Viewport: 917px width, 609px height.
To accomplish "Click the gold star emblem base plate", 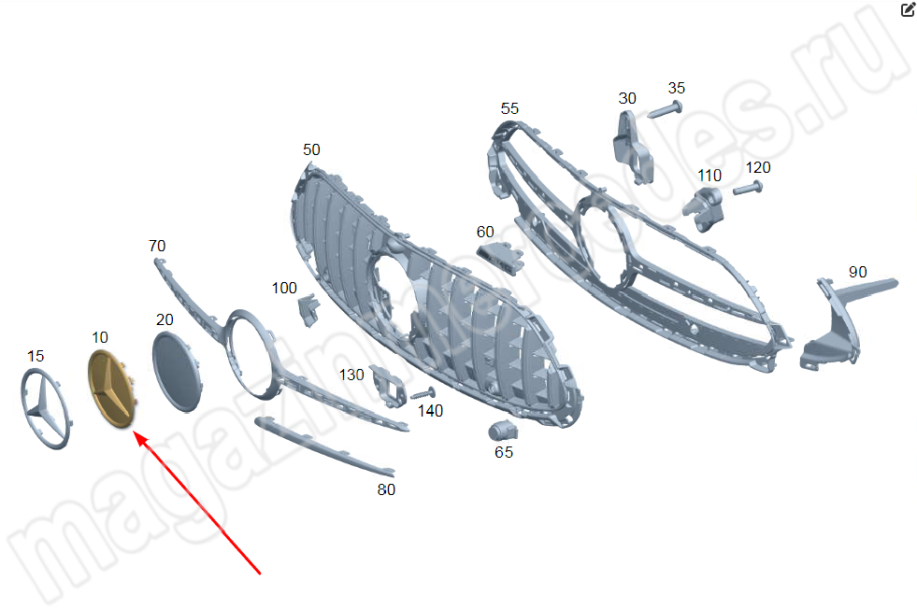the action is [x=111, y=388].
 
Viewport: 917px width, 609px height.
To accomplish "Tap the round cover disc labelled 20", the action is [x=177, y=372].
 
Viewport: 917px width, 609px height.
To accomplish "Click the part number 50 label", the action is [x=311, y=149].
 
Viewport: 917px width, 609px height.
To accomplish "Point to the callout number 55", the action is [x=509, y=108].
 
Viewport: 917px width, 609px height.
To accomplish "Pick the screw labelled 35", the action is [x=666, y=109].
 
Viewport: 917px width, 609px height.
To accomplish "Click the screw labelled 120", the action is [x=748, y=188].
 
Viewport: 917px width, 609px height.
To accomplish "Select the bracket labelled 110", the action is [x=704, y=209].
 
